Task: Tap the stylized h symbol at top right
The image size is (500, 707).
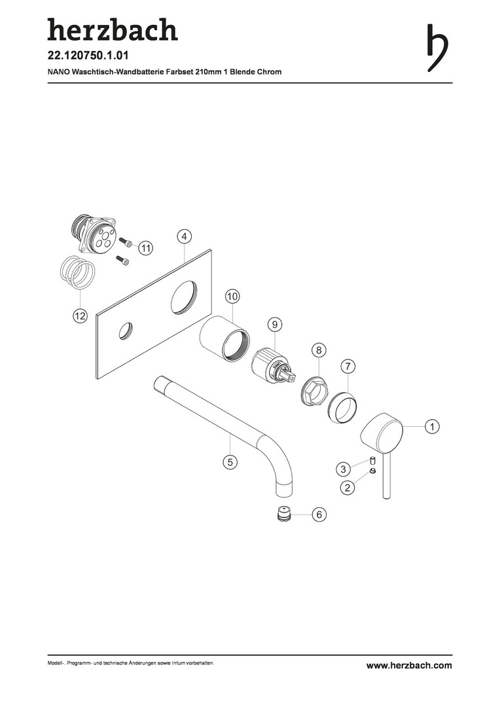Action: [437, 47]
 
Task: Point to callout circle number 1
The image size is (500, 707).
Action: [432, 426]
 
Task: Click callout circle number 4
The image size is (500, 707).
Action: [185, 236]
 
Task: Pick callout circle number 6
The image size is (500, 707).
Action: [319, 515]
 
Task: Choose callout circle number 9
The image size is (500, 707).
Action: [274, 324]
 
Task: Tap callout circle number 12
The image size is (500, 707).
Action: [80, 316]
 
